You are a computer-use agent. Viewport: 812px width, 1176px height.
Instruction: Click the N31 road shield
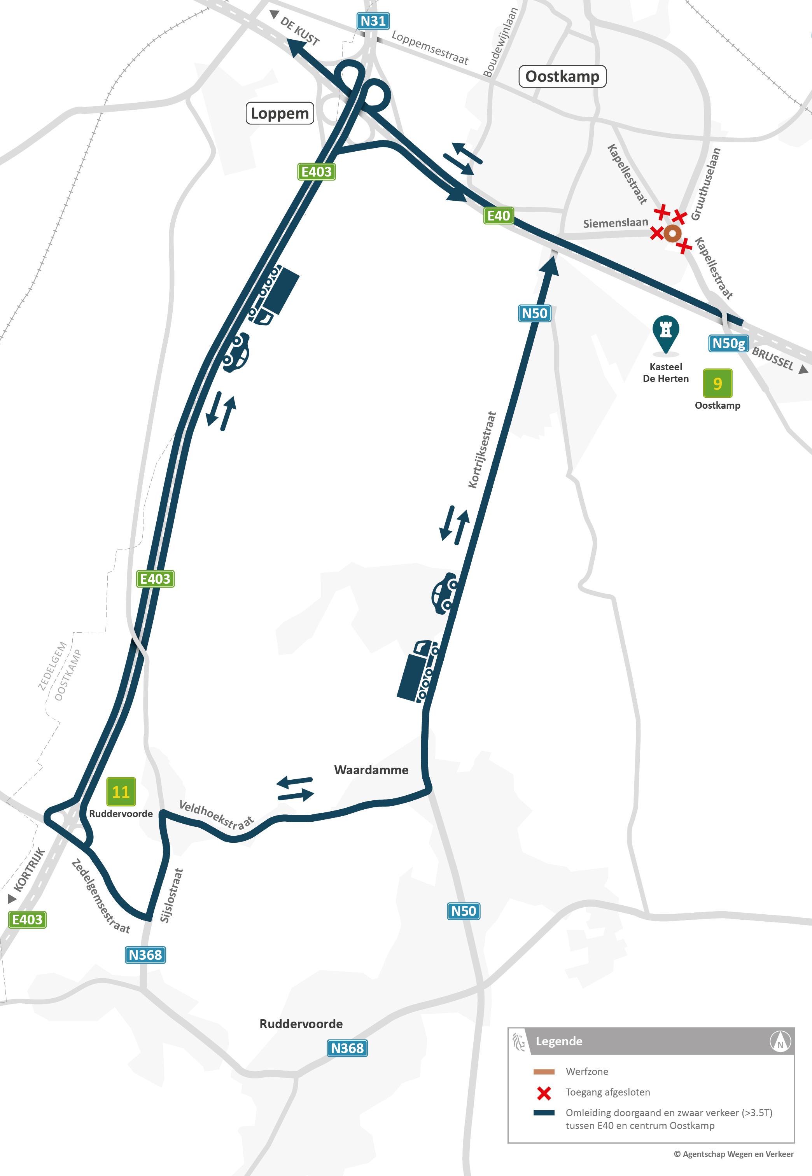point(373,21)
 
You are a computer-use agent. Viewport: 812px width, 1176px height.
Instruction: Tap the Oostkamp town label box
point(562,76)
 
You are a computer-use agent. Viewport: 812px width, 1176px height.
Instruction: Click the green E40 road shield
point(498,216)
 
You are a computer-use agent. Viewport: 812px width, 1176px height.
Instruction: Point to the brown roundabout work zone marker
point(672,233)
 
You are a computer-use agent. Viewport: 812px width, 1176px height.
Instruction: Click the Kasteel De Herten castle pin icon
point(665,333)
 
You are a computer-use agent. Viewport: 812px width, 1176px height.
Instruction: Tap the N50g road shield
point(728,344)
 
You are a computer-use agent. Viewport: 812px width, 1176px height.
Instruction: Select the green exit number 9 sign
point(717,383)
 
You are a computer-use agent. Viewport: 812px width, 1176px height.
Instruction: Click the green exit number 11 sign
point(121,791)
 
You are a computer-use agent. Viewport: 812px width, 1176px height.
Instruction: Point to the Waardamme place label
point(371,770)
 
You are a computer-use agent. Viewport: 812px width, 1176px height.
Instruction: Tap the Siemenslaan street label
point(615,223)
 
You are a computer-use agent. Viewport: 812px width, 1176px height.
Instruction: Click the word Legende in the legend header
point(558,1041)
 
